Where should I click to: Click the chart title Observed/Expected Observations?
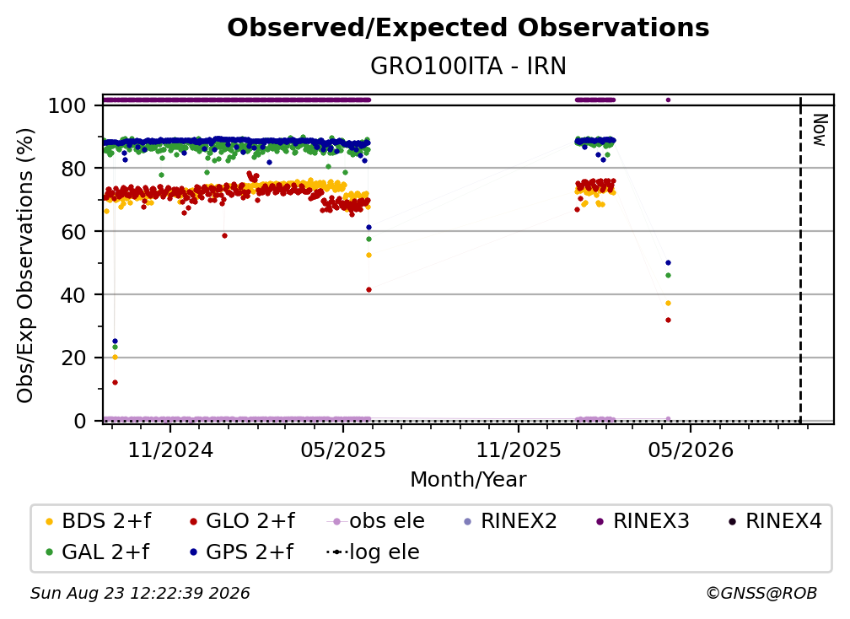(468, 28)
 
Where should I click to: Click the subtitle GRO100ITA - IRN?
(468, 67)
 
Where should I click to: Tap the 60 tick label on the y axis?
(73, 232)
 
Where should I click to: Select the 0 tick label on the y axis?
(80, 421)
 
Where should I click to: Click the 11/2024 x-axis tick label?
(170, 449)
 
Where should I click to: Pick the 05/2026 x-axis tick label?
(690, 449)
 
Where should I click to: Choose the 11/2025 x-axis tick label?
(519, 449)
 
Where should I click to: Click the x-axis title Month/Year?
(468, 480)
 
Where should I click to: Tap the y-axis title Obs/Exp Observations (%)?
(25, 265)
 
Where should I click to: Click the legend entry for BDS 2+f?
(98, 521)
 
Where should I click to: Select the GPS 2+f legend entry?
(241, 552)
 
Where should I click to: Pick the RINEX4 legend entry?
(776, 521)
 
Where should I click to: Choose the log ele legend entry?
(373, 552)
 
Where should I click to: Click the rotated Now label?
(820, 130)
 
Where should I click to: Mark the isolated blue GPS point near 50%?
(668, 263)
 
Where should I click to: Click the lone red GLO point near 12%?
(115, 383)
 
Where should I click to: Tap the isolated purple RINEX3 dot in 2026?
(668, 100)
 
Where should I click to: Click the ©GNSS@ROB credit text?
(761, 594)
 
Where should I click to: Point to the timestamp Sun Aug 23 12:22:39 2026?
(140, 594)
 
